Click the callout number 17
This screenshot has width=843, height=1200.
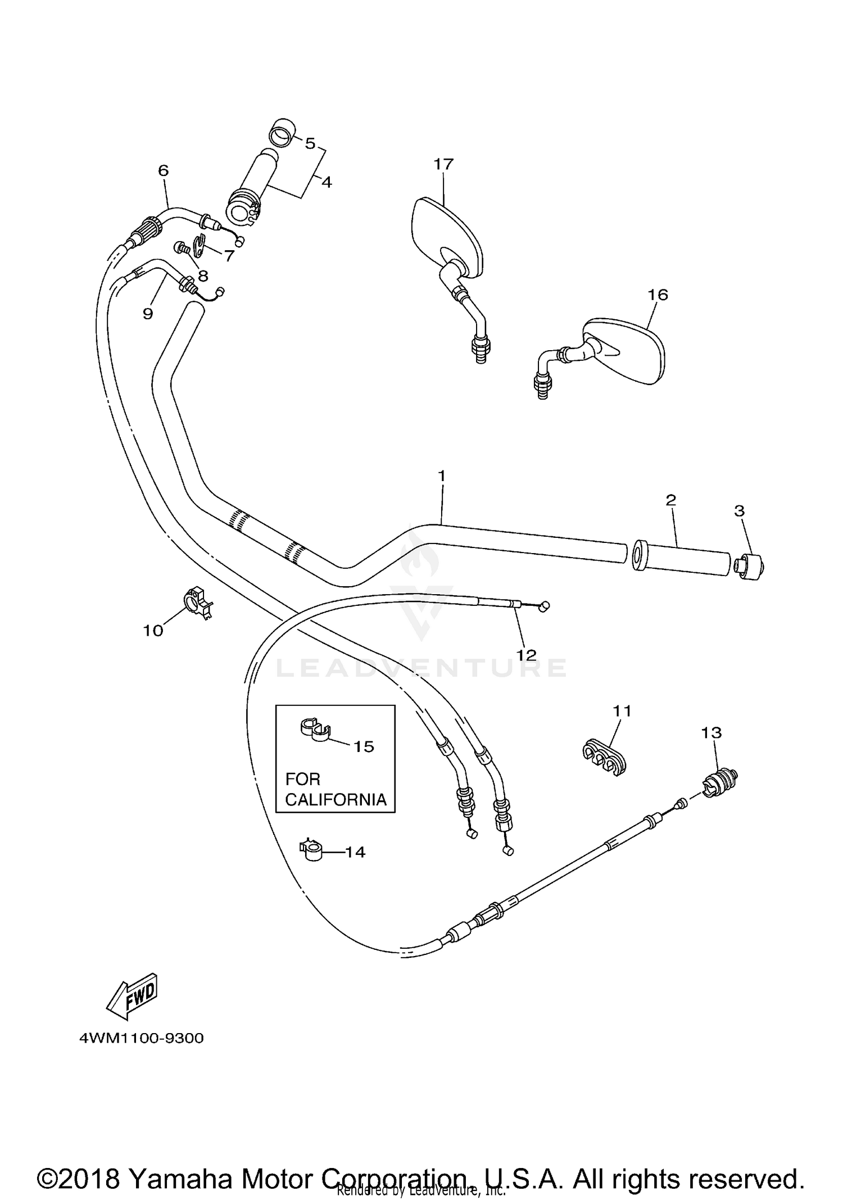point(443,165)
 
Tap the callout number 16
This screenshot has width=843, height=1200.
point(658,295)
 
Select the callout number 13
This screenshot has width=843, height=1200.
point(711,732)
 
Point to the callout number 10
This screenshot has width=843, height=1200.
point(153,631)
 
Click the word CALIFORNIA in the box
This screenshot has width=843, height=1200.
point(336,800)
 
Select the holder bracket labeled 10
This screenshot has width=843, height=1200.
point(197,601)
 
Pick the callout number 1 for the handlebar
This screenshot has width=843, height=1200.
point(442,476)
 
